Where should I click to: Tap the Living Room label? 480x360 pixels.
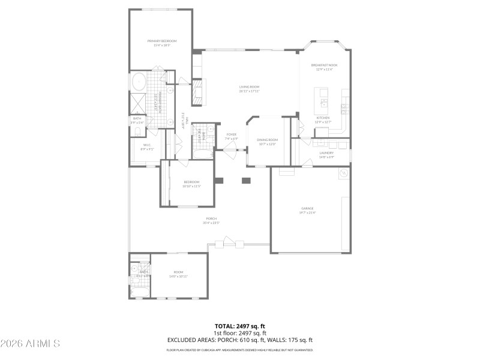[x=249, y=88]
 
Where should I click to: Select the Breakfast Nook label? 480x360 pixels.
[x=324, y=65]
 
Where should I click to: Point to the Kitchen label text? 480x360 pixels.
[x=323, y=118]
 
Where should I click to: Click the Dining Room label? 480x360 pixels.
[x=268, y=140]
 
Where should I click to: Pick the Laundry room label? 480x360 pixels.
[x=326, y=153]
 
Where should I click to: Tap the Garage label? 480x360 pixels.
[x=307, y=209]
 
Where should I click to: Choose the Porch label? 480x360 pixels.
[x=211, y=218]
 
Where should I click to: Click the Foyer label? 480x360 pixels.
[x=231, y=134]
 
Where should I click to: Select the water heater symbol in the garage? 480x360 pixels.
[x=344, y=173]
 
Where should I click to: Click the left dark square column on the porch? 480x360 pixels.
[x=218, y=180]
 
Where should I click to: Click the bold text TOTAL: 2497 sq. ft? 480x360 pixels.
[x=239, y=326]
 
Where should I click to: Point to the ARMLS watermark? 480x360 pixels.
[x=30, y=344]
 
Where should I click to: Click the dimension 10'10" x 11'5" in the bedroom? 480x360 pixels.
[x=191, y=186]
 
